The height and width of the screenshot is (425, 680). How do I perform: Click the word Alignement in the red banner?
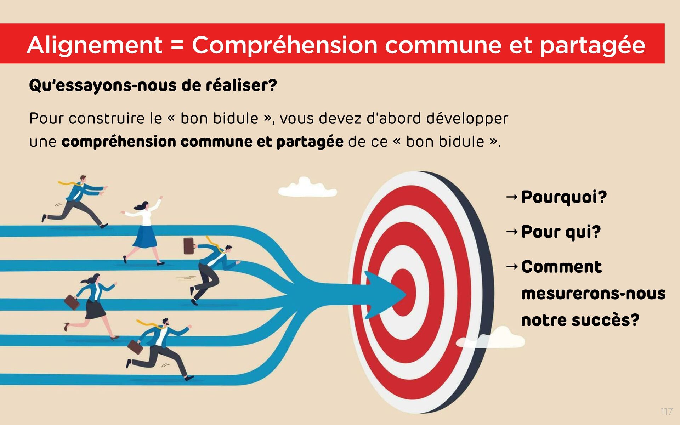click(x=95, y=45)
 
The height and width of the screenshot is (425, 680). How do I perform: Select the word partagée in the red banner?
click(x=592, y=45)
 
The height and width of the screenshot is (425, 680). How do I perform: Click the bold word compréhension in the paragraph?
click(x=119, y=142)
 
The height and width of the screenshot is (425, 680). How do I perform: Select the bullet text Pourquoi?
click(x=564, y=197)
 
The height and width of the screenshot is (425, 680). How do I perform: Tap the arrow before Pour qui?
click(x=512, y=232)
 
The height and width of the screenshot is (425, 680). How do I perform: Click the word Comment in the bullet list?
click(x=561, y=267)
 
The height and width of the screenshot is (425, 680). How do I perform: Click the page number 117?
click(x=667, y=411)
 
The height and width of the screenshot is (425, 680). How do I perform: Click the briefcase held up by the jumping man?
click(x=188, y=245)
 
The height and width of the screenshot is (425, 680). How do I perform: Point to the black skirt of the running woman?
click(x=95, y=309)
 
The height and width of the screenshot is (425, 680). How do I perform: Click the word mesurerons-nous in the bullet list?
click(x=593, y=294)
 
